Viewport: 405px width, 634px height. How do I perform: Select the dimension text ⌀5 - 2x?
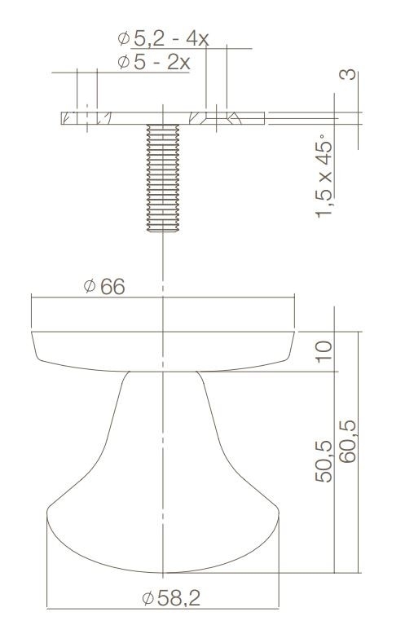point(153,62)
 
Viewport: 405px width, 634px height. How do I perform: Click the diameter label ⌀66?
point(103,288)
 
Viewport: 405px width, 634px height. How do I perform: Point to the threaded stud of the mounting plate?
point(164,175)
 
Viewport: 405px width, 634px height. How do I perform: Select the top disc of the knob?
point(163,349)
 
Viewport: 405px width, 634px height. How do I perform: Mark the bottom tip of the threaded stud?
point(164,230)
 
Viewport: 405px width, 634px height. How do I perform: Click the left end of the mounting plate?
point(63,118)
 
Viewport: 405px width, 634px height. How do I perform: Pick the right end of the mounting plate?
point(263,118)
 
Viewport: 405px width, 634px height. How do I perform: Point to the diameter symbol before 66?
point(89,288)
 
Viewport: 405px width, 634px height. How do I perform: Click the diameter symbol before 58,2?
point(147,599)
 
